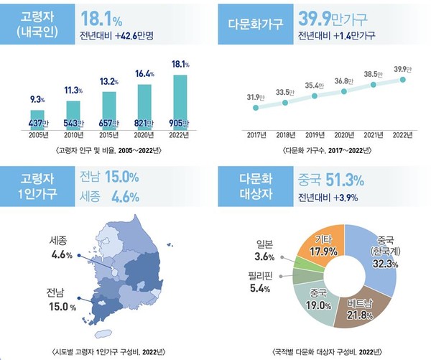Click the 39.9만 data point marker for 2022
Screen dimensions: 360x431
(403, 80)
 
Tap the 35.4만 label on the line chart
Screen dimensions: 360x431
(314, 85)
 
